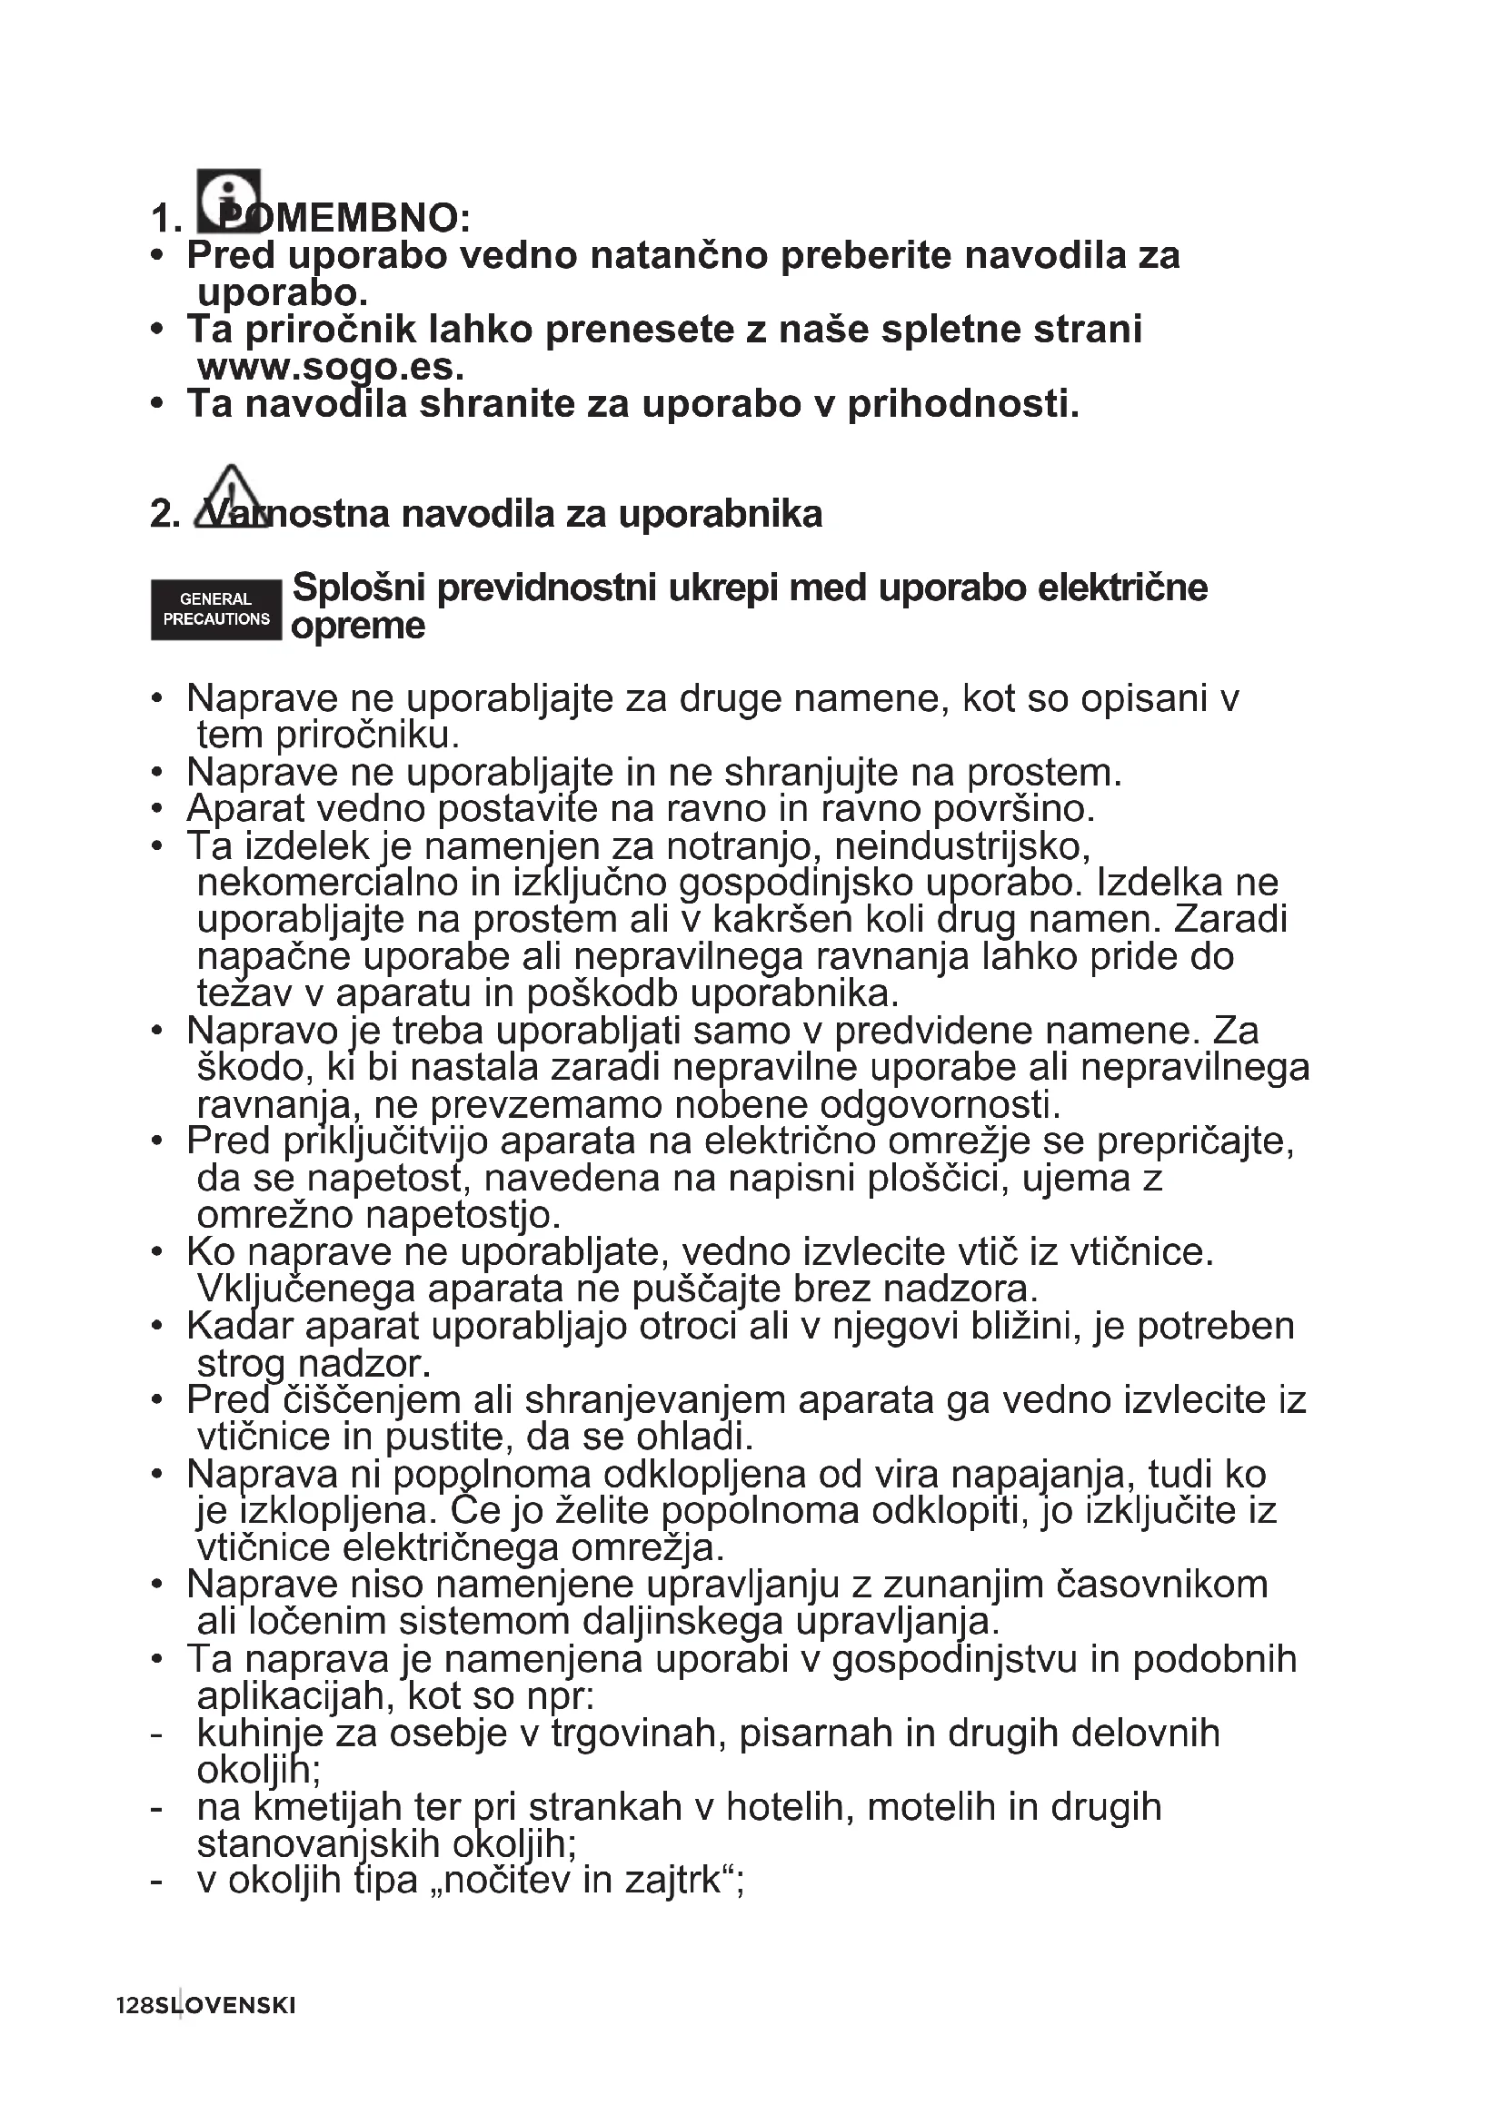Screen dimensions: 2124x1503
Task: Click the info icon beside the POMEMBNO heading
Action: coord(229,201)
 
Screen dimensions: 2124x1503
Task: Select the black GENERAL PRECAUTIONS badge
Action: coord(215,609)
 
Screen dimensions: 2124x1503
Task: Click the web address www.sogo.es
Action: coord(330,367)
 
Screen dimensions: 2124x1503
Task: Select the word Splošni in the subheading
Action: coord(358,588)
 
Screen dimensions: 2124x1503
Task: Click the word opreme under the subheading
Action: coord(358,627)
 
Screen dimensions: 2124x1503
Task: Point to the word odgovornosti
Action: coord(940,1104)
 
